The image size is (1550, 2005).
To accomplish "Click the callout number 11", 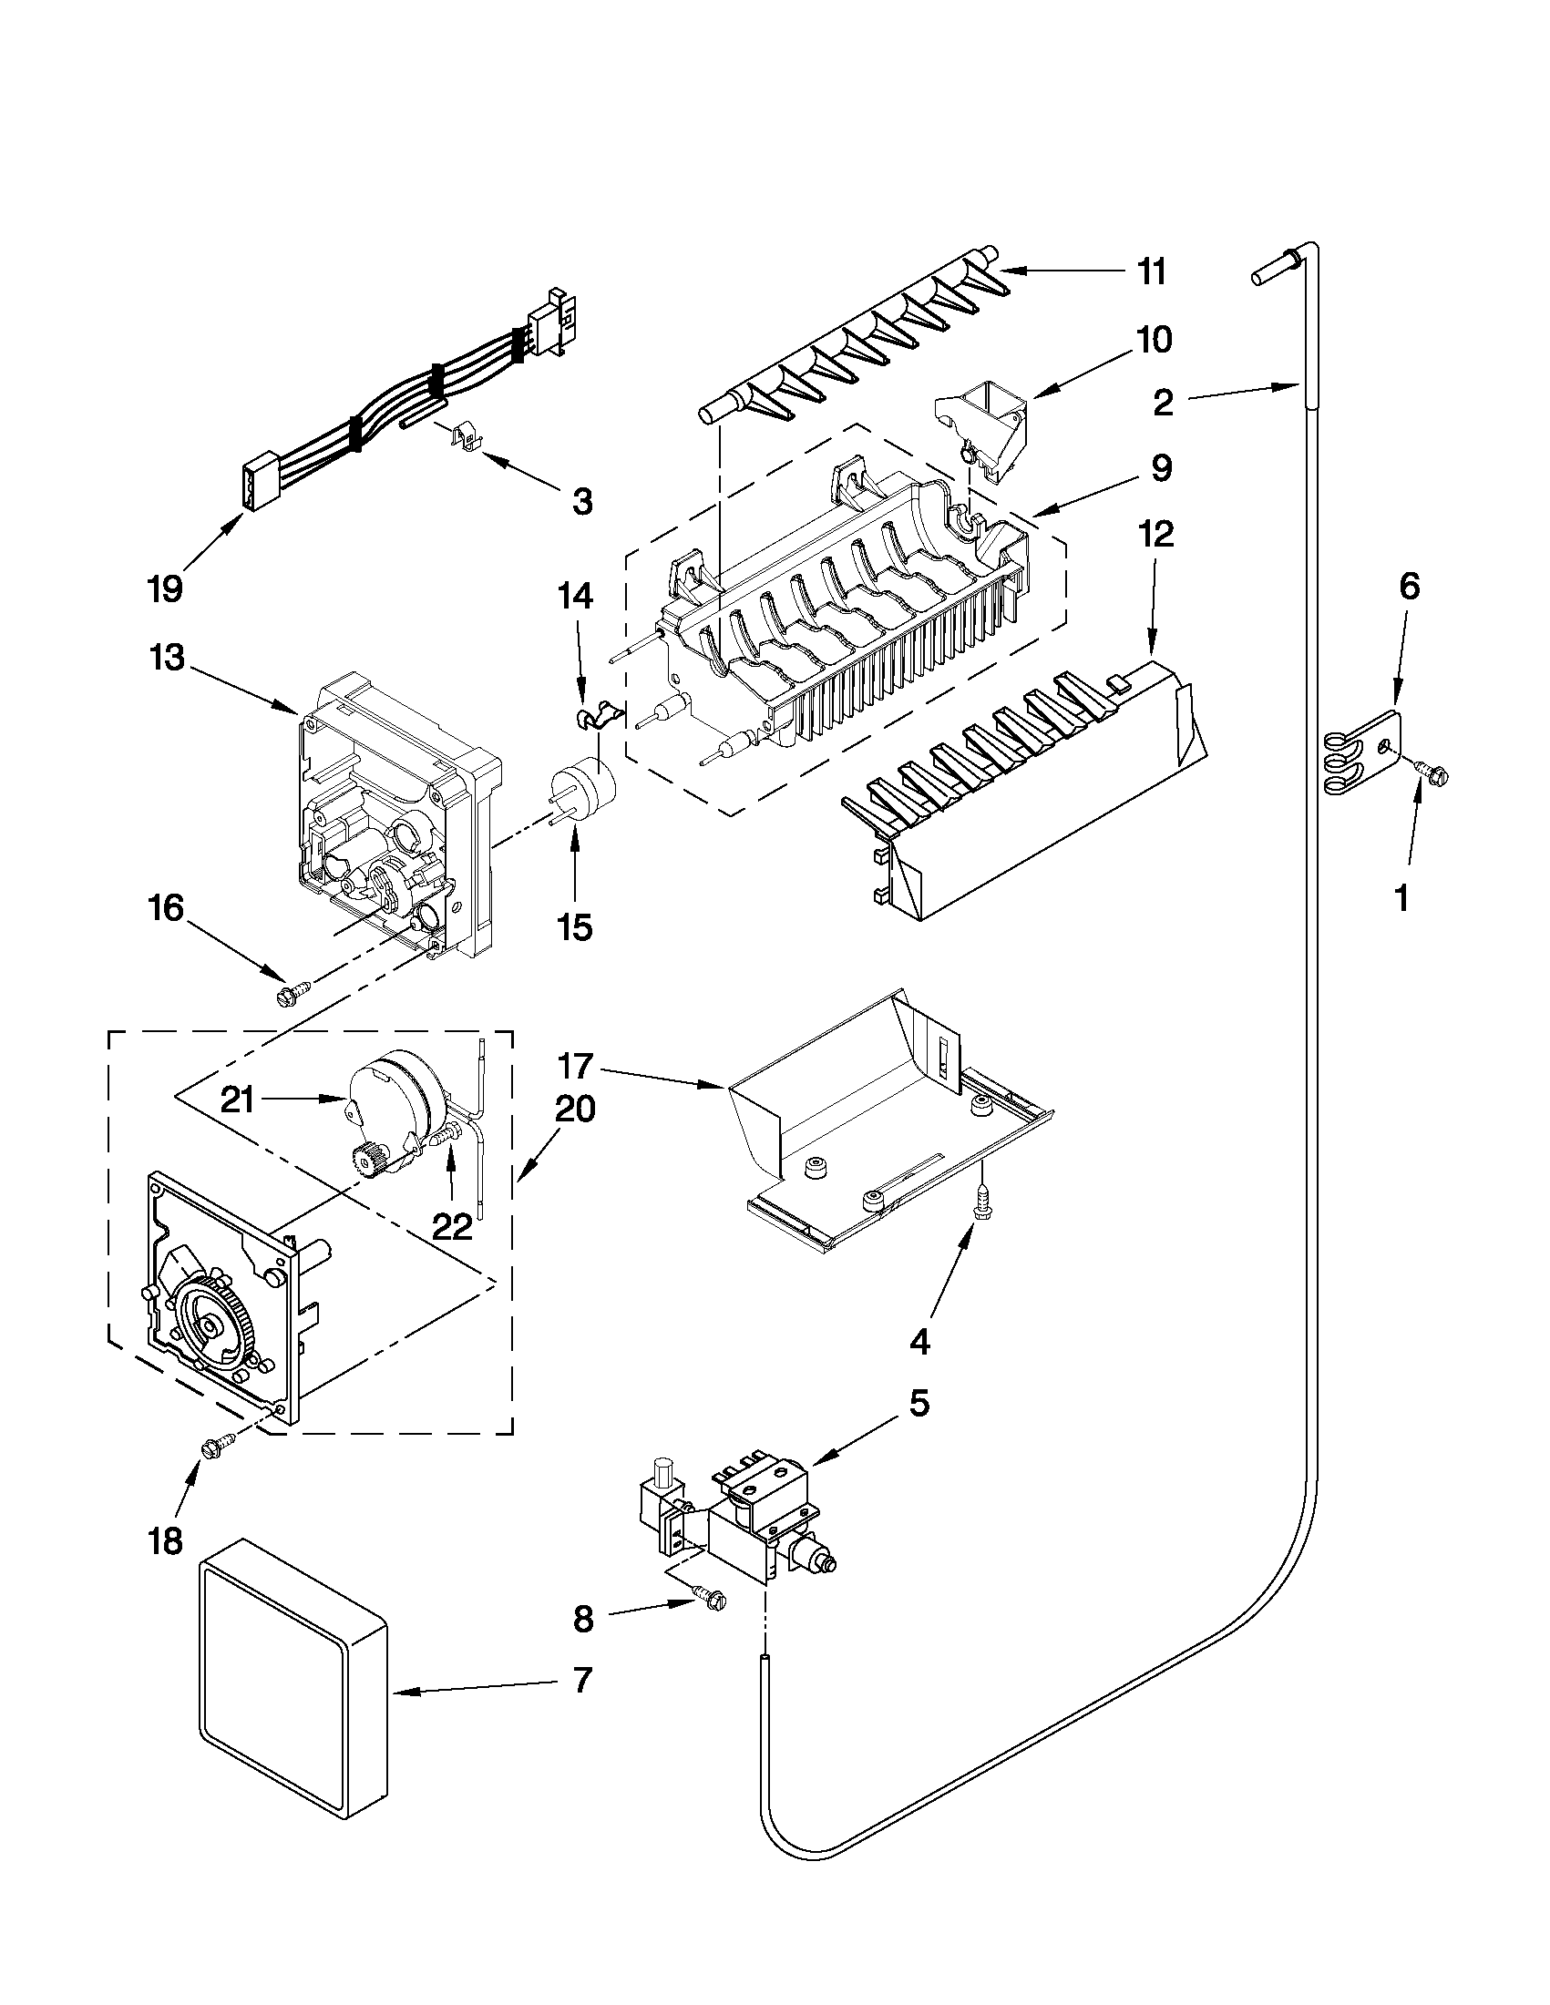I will [x=1152, y=272].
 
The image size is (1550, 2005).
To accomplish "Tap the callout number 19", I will [x=166, y=588].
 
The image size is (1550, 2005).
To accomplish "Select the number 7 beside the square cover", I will [x=583, y=1681].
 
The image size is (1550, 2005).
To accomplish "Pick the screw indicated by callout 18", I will [x=218, y=1447].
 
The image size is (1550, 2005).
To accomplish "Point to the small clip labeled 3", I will [x=467, y=436].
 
